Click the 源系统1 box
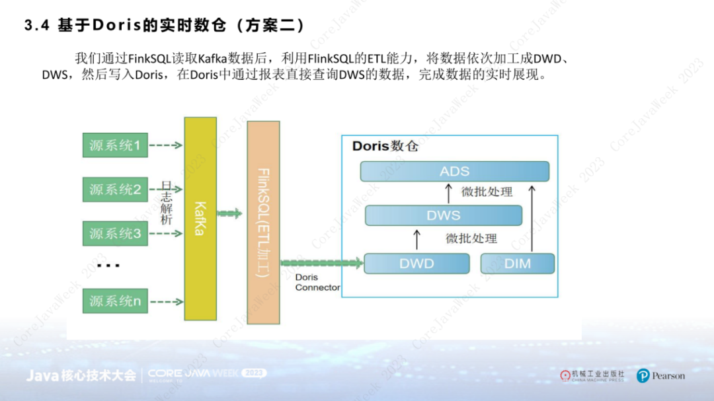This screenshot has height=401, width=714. tap(115, 145)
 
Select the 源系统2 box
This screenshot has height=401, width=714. tap(115, 190)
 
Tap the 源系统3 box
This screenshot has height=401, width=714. tap(115, 233)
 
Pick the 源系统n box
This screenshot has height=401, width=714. tap(115, 301)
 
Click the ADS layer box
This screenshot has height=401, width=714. tap(455, 171)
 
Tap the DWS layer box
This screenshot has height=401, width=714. tap(443, 215)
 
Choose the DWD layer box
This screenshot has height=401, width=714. tap(416, 264)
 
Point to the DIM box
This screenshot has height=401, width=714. tap(518, 264)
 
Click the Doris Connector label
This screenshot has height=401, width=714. tap(317, 283)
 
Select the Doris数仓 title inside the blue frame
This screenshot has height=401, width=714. tap(385, 146)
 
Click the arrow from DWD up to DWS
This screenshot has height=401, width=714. tap(416, 239)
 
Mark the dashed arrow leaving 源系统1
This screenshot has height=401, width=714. tap(166, 145)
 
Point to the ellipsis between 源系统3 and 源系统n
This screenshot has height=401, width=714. tap(108, 266)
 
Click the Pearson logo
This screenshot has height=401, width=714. tap(660, 376)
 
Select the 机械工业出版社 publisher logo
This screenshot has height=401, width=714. tap(592, 375)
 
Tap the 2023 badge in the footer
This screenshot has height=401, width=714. tap(255, 373)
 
